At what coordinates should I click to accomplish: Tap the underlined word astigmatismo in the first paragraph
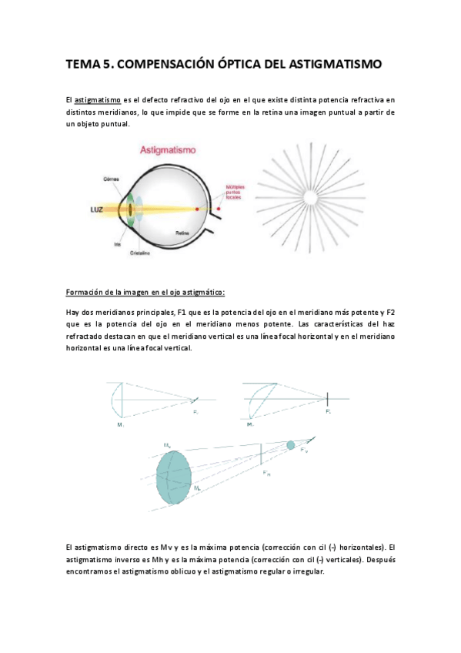97,100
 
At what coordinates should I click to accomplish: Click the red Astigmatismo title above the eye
166,152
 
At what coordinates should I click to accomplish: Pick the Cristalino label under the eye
139,253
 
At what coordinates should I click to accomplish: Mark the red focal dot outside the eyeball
219,209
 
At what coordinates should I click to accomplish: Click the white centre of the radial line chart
312,199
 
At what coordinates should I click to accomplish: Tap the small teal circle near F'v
290,445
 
